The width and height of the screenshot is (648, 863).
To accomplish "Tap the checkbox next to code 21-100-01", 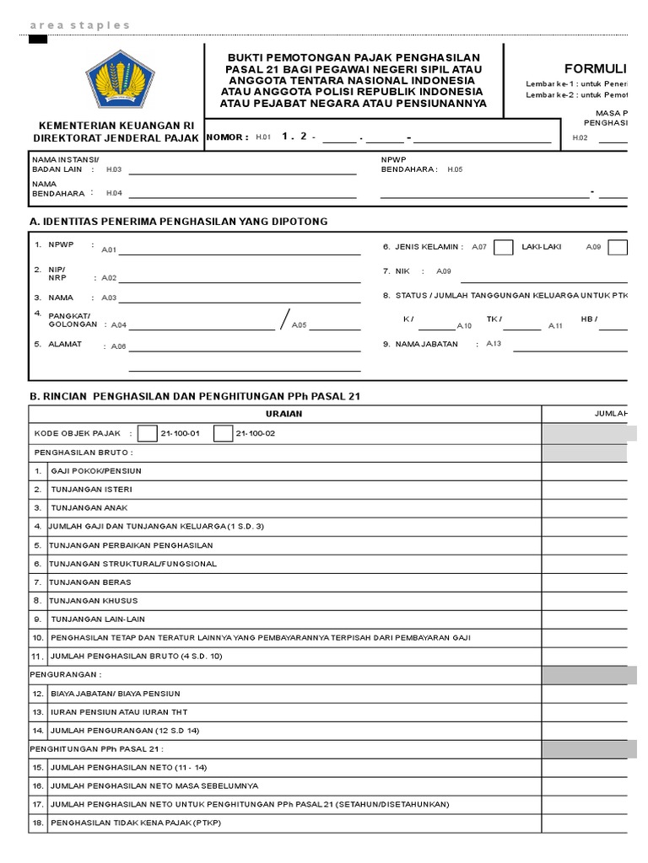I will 148,433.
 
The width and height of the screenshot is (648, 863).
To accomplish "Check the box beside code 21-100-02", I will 223,433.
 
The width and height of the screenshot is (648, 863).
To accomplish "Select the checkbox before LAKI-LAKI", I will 503,247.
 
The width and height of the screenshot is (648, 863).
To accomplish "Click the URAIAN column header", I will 283,414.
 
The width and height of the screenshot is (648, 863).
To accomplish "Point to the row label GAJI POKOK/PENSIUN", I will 96,470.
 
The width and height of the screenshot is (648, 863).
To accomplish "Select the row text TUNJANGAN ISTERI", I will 91,489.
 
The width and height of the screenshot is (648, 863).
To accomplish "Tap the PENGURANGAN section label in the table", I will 66,674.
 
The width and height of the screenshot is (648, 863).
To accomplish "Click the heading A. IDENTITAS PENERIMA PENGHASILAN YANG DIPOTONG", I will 178,222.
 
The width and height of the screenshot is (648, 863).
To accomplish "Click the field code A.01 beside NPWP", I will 108,250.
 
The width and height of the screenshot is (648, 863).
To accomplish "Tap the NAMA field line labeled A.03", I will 244,301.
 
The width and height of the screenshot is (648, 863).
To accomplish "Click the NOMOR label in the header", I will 227,137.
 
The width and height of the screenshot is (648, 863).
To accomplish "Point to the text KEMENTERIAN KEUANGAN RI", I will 116,125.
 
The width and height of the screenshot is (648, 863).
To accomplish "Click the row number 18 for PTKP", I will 38,823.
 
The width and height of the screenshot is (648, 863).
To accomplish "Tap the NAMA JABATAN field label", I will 426,344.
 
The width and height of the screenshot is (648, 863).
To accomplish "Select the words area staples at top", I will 80,25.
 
